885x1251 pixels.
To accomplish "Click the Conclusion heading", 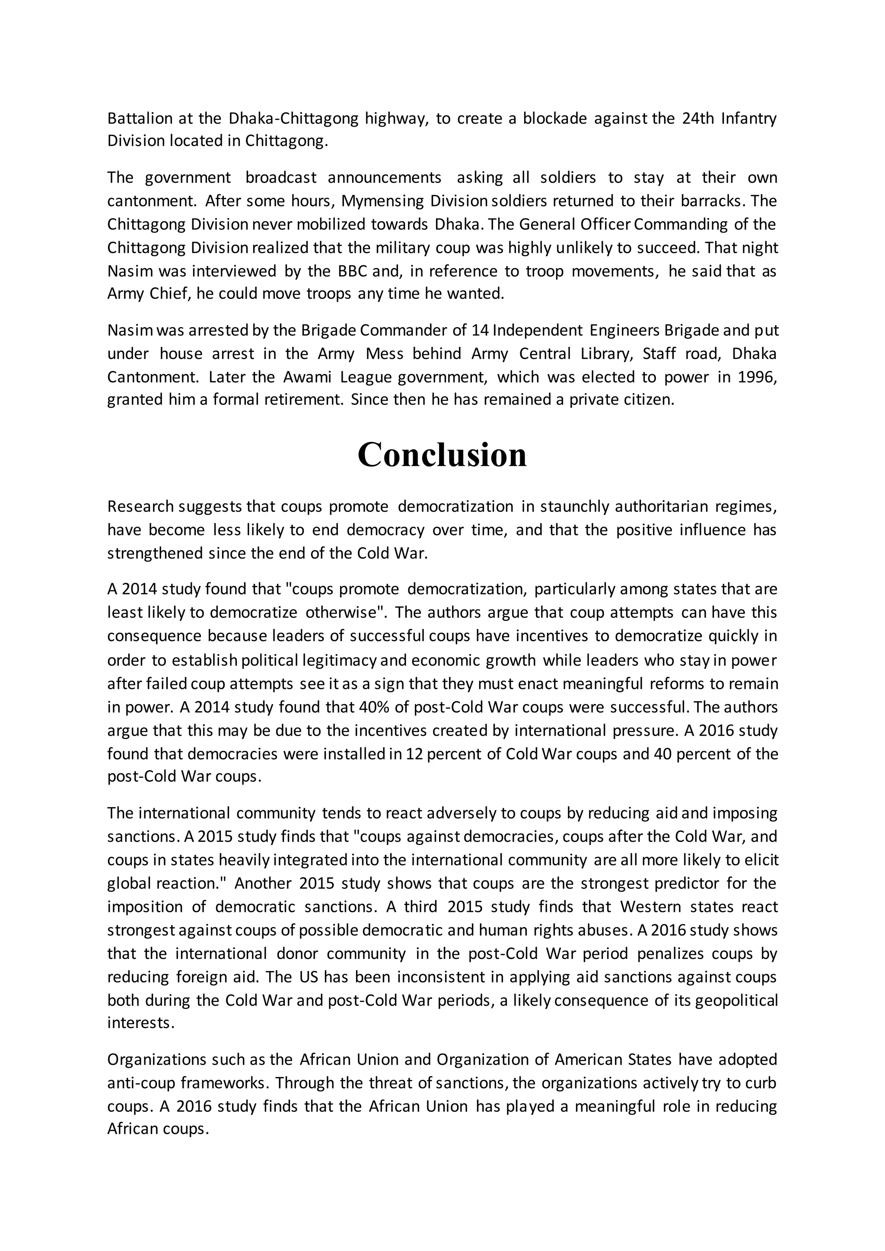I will [x=442, y=455].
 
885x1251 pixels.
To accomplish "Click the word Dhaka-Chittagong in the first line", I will [x=293, y=118].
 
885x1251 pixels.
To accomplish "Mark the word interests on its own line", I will [x=140, y=1023].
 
